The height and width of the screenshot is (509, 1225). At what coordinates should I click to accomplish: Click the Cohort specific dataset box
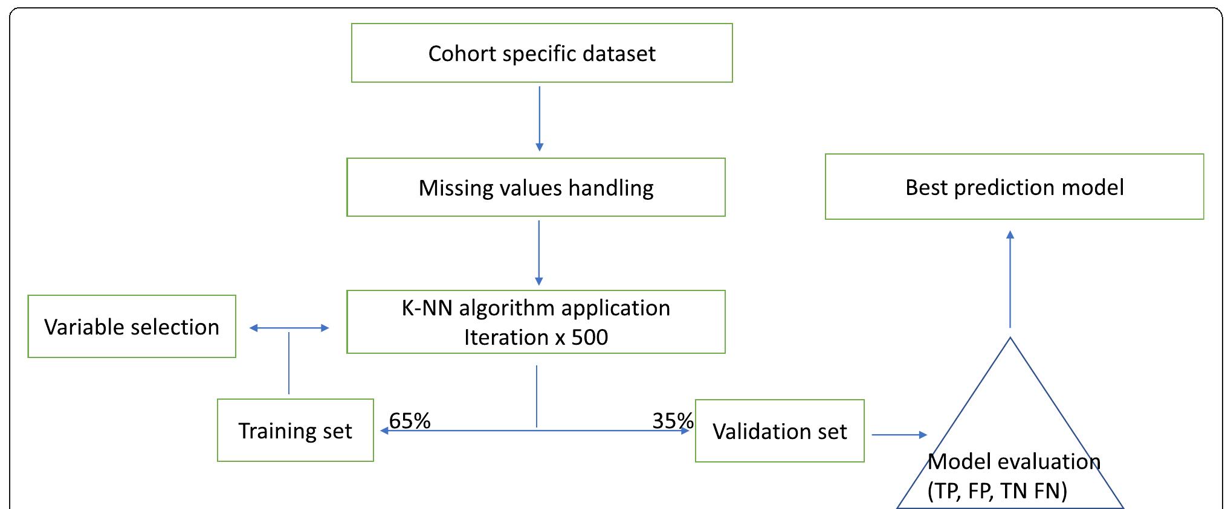pos(541,53)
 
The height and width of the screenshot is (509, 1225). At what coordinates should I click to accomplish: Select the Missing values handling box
pos(535,187)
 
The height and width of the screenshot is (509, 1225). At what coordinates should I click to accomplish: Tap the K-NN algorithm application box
pos(535,322)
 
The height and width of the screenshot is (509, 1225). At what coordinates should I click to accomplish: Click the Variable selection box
pos(132,327)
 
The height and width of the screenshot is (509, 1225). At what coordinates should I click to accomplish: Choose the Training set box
pos(295,431)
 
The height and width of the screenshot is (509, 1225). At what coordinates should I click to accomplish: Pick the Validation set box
pos(780,431)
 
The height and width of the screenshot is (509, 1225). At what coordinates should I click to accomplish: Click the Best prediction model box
pos(1014,187)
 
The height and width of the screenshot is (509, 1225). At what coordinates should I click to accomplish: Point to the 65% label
pos(410,420)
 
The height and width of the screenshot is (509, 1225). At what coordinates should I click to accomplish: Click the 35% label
pos(673,420)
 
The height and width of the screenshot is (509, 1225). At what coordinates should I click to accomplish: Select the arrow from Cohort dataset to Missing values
pos(539,118)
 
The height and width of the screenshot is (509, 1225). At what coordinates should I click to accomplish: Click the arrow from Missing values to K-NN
pos(539,252)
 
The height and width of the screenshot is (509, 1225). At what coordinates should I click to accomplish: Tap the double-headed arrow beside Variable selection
pos(289,328)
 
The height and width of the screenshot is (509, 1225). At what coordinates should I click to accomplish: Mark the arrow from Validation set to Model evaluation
pos(899,435)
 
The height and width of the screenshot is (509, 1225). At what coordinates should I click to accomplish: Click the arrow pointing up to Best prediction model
pos(1010,278)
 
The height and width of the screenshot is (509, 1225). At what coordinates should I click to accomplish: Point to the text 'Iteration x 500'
pos(535,337)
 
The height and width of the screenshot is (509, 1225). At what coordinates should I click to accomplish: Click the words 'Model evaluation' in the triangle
pos(1013,462)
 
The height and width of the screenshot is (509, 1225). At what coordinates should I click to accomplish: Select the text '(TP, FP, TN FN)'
pos(997,491)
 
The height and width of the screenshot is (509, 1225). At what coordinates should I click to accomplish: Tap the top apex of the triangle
pos(1010,339)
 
